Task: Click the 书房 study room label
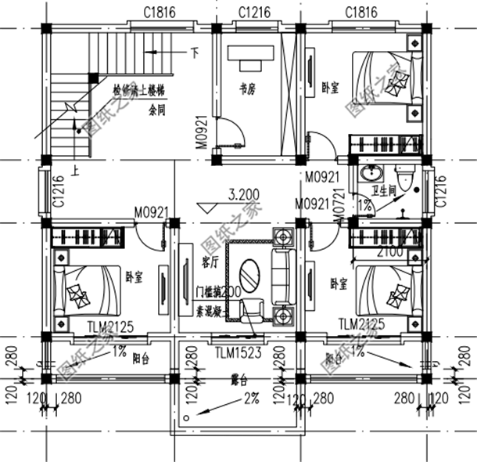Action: [247, 89]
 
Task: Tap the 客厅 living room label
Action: [209, 259]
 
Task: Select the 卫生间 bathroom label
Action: [384, 190]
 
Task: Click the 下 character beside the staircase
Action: [195, 55]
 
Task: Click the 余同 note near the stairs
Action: [157, 110]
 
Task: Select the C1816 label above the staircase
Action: [159, 12]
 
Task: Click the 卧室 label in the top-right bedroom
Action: [329, 88]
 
